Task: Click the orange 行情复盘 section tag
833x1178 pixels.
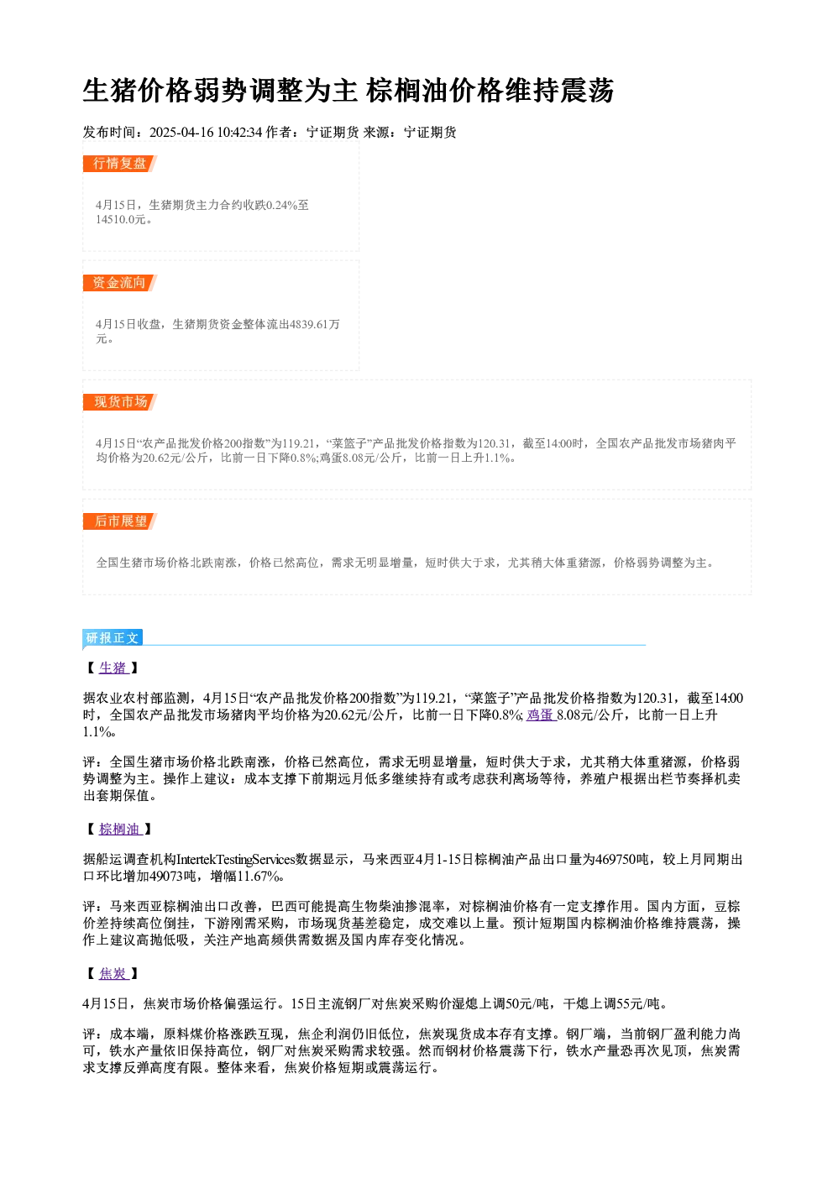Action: click(120, 164)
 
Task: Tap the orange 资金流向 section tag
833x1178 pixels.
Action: click(120, 283)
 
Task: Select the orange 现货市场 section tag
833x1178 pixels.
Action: click(120, 402)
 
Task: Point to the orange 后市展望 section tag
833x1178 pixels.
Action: click(120, 521)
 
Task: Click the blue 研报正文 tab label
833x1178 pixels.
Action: click(113, 638)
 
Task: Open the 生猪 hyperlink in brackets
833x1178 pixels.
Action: click(113, 668)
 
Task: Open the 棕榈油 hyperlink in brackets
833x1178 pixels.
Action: click(120, 830)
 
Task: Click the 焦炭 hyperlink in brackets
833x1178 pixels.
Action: click(113, 974)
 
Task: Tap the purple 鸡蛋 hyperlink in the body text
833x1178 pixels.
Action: click(541, 715)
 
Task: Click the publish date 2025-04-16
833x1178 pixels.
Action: click(181, 133)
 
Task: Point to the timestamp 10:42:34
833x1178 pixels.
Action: click(239, 133)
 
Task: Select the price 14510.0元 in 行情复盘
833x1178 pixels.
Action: click(120, 220)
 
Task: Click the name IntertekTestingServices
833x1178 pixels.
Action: click(236, 860)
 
